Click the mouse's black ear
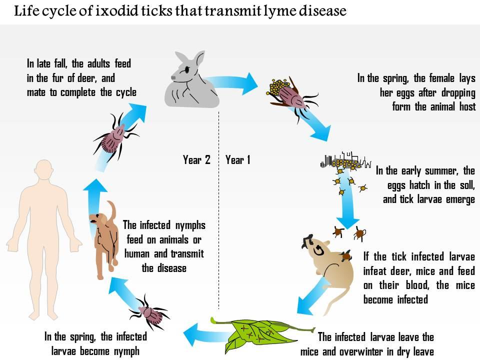pos(305,243)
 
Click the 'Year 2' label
pos(196,160)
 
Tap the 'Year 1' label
pos(238,160)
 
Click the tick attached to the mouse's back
pos(344,256)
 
